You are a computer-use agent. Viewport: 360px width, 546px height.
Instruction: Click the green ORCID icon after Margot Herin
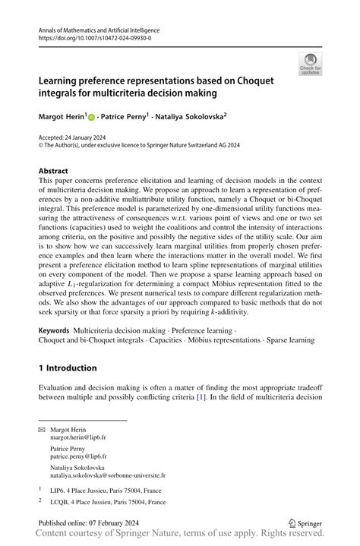91,118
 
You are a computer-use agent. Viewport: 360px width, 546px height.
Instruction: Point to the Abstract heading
53,171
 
